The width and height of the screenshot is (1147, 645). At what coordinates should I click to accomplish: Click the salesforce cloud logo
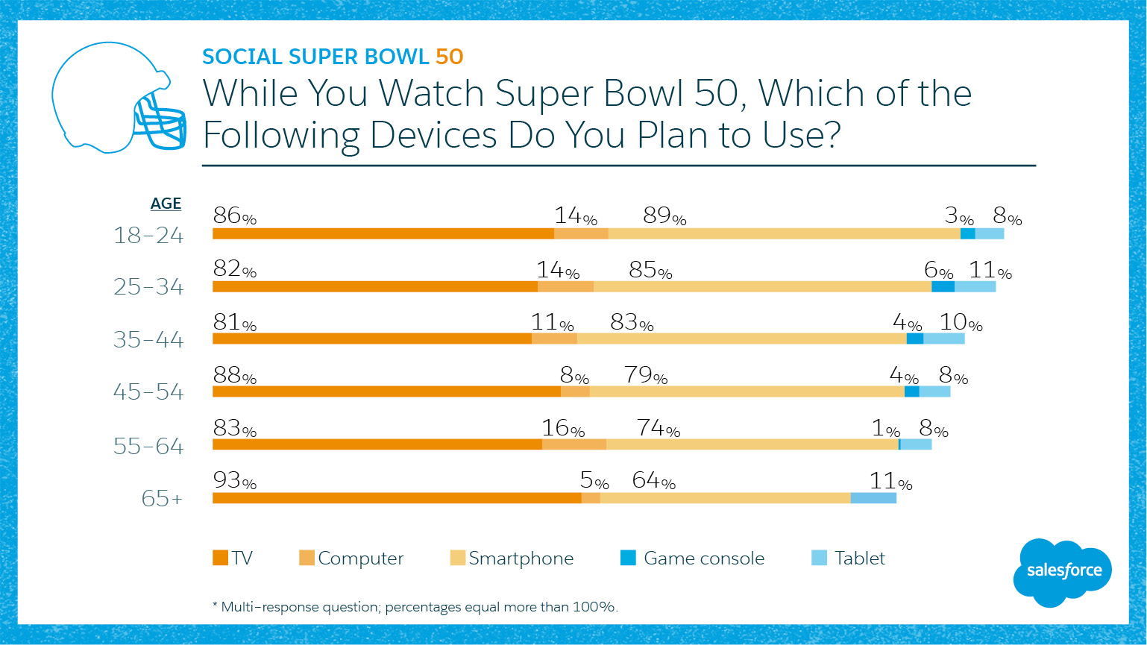(x=1063, y=572)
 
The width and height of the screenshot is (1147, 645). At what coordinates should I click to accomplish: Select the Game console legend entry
(x=693, y=558)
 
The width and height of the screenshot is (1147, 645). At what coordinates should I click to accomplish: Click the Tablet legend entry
(x=849, y=558)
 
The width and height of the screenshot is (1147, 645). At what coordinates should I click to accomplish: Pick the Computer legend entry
(x=351, y=558)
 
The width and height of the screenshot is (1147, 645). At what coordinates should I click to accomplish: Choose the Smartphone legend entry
(x=512, y=558)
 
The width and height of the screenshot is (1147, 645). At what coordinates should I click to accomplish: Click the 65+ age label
(x=162, y=498)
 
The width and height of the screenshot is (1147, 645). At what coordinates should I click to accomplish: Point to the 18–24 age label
(x=148, y=236)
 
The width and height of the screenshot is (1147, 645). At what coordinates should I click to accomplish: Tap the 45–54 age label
(x=148, y=391)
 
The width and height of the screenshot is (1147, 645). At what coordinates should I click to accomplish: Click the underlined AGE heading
(x=166, y=204)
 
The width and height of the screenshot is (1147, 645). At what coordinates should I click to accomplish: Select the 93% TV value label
(x=234, y=480)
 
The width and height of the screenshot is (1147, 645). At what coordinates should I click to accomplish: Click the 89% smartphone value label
(x=664, y=215)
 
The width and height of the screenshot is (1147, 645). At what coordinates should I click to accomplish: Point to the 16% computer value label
(x=563, y=428)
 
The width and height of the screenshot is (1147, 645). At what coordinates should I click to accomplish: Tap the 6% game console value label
(x=938, y=270)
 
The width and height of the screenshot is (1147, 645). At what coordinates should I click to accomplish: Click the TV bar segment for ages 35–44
(x=372, y=339)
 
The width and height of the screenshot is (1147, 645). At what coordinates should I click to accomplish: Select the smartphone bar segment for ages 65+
(x=725, y=498)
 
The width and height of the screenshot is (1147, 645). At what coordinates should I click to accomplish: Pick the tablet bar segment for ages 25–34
(x=975, y=286)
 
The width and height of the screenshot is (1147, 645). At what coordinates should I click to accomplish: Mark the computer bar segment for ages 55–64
(x=573, y=444)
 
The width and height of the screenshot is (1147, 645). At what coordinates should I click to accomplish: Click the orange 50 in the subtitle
(x=450, y=57)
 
